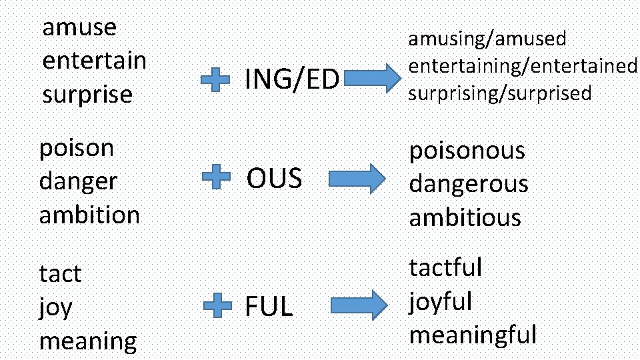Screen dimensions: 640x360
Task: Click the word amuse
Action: click(79, 28)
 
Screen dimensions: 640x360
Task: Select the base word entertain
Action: click(94, 61)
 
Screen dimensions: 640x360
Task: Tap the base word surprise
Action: click(87, 95)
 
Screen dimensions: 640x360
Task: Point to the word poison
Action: click(77, 148)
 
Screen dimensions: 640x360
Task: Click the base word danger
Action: click(78, 181)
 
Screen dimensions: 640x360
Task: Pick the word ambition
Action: click(89, 215)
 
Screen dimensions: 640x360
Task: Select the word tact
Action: click(60, 274)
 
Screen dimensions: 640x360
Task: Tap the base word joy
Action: click(56, 308)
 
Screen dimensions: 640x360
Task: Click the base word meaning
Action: click(88, 341)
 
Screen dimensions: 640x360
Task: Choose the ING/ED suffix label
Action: click(292, 80)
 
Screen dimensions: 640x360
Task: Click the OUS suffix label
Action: click(274, 179)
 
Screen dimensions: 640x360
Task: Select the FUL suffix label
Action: click(269, 307)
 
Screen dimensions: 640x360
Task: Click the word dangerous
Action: click(468, 184)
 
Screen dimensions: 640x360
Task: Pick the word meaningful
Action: click(473, 334)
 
